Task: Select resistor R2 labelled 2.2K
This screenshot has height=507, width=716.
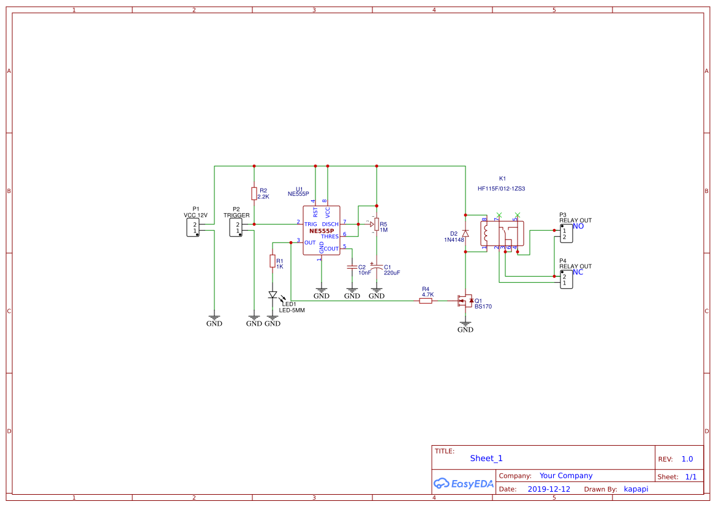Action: [x=254, y=193]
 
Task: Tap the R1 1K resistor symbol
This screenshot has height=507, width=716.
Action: [x=273, y=261]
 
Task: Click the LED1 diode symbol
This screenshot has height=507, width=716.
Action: [x=273, y=295]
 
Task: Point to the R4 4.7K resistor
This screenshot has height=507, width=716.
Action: [x=426, y=300]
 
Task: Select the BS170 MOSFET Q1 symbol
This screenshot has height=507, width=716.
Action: [x=465, y=300]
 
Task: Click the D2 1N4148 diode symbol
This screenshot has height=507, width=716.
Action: [x=465, y=233]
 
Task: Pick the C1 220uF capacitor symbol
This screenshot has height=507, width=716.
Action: [x=377, y=267]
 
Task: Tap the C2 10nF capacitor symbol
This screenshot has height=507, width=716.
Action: [x=352, y=267]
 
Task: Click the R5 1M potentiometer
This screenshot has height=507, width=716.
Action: [x=377, y=224]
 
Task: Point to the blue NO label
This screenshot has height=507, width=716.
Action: [x=578, y=226]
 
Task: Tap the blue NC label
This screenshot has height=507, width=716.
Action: [x=578, y=272]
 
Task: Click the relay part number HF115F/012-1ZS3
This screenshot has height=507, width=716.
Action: [x=501, y=189]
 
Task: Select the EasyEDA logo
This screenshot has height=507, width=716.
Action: [x=463, y=483]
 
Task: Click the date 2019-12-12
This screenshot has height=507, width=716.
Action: [x=548, y=489]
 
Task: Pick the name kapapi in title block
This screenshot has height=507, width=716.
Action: [x=636, y=489]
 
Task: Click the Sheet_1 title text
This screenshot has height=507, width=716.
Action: [x=486, y=458]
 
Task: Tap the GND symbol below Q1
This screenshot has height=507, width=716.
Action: [x=465, y=326]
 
